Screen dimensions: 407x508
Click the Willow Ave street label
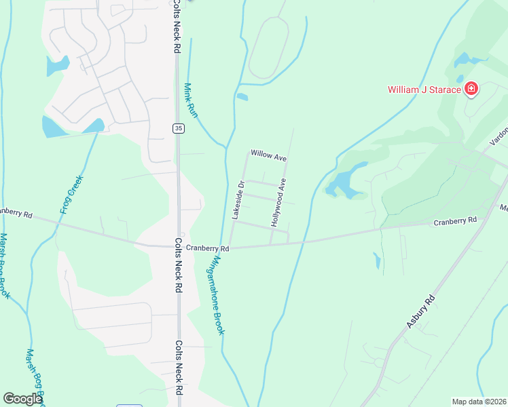(x=268, y=155)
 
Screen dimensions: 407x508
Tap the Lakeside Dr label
(x=238, y=199)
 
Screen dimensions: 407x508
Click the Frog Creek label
(x=71, y=195)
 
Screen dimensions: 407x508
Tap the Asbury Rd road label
(x=420, y=312)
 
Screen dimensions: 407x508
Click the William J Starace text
(x=424, y=89)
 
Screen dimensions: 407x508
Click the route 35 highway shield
(x=178, y=128)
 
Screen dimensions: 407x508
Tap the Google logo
(x=22, y=399)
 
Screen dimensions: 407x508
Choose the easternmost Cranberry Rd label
(x=455, y=221)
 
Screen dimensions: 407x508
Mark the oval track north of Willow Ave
(x=269, y=47)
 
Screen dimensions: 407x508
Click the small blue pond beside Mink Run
(x=242, y=97)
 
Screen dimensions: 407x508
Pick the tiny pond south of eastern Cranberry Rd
(x=377, y=260)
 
